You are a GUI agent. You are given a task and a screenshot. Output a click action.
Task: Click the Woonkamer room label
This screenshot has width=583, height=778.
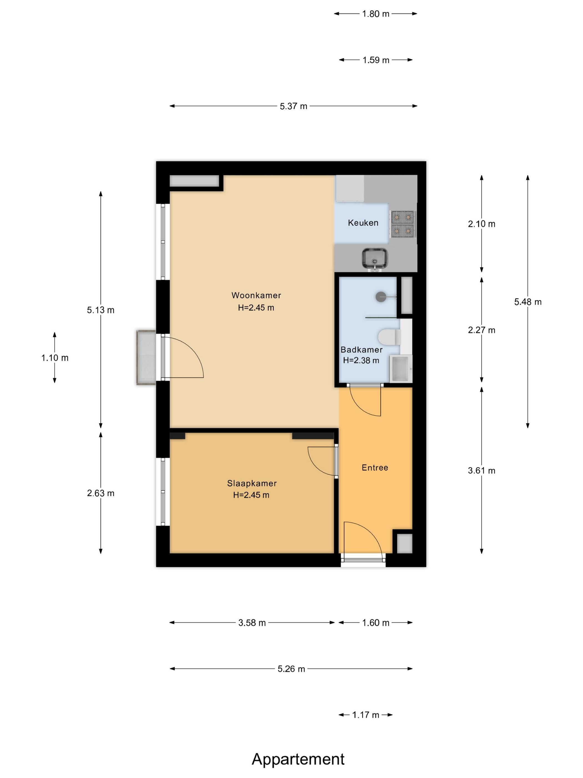tap(256, 295)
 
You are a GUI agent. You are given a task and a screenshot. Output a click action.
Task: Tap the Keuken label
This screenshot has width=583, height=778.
tap(363, 223)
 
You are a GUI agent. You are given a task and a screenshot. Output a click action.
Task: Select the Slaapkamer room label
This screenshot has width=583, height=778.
tap(252, 483)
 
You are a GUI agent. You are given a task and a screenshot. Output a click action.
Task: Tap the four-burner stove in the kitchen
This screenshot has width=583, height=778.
tap(403, 224)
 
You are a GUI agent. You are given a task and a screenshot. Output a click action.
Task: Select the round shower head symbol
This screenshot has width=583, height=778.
tap(381, 297)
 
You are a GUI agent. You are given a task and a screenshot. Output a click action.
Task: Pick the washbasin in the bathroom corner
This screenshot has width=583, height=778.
tap(401, 368)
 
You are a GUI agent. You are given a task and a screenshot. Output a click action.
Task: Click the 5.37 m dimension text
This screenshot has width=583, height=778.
tap(293, 106)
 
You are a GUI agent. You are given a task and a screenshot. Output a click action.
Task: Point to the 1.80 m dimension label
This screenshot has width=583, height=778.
tap(376, 14)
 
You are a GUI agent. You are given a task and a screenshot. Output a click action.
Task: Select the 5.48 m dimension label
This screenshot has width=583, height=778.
tap(528, 302)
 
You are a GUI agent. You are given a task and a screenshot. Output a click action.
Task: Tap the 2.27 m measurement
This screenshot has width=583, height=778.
tap(481, 330)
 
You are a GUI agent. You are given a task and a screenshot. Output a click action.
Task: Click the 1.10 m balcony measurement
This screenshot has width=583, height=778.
tap(55, 358)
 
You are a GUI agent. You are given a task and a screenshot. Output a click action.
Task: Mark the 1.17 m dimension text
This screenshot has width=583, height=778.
tap(365, 715)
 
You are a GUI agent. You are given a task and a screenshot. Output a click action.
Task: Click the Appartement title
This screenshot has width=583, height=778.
tap(298, 759)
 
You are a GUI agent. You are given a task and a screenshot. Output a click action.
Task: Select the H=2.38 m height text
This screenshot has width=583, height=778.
tap(361, 360)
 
